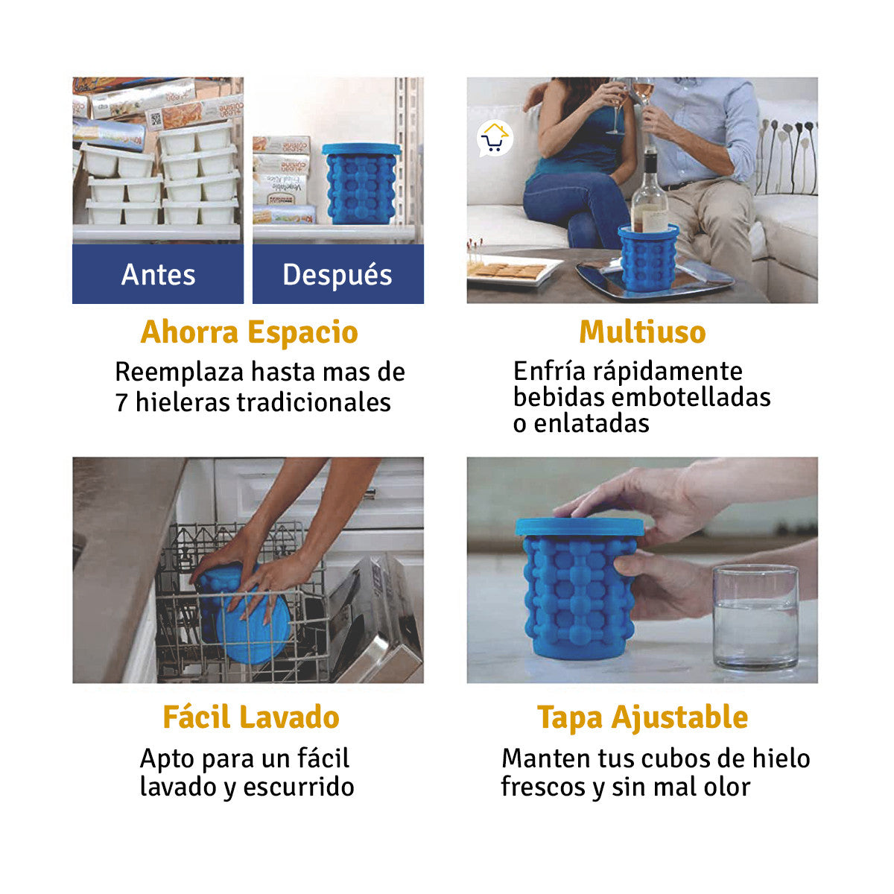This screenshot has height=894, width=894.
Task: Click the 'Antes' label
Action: (x=158, y=275)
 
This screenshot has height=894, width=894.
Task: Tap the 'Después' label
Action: (x=337, y=275)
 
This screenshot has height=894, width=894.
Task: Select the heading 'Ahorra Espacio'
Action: (x=249, y=332)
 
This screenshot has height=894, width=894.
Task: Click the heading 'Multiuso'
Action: (x=642, y=332)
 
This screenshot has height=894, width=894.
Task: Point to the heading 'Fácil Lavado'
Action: (x=251, y=717)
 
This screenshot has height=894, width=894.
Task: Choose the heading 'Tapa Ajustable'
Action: (x=642, y=717)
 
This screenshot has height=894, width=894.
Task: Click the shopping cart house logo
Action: (x=495, y=139)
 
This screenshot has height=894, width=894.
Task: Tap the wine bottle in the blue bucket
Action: (x=650, y=195)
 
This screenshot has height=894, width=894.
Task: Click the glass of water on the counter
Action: (x=755, y=616)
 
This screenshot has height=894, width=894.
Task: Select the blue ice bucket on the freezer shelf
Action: (x=361, y=184)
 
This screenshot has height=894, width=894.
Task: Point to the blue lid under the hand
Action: (x=579, y=526)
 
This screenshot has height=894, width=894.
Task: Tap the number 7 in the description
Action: (x=121, y=403)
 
